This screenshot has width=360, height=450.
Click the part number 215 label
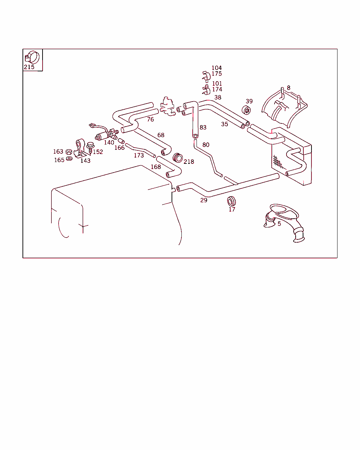29,67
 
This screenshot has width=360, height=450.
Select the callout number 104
217,68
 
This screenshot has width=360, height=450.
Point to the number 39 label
249,101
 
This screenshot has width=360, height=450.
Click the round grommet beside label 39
246,110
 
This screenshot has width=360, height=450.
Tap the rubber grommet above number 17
231,201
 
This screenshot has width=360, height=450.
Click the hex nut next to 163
69,152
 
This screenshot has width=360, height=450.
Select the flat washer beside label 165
69,159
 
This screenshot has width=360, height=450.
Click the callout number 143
85,161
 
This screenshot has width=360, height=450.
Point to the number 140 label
109,142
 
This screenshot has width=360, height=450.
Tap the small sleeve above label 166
121,141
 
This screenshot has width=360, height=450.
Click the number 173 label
139,155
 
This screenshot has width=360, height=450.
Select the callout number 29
204,200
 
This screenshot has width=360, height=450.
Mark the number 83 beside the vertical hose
203,127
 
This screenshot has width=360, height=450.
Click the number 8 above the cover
289,88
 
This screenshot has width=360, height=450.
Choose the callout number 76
150,120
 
